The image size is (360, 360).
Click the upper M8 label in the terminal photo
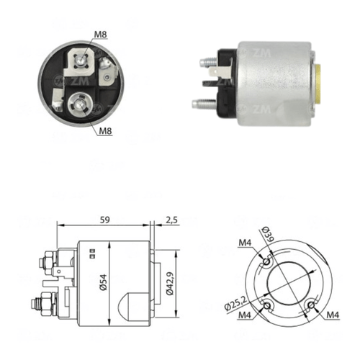(100, 35)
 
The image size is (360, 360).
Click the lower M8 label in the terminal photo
(106, 131)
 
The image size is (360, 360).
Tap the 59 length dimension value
(105, 220)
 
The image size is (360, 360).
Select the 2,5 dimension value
(172, 220)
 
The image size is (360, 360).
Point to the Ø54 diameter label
(104, 282)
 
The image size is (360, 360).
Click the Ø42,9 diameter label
(170, 284)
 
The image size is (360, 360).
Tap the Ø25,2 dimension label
(235, 303)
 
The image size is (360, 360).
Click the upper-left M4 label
(245, 243)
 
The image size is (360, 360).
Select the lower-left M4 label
(245, 315)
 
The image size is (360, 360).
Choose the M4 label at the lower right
(333, 315)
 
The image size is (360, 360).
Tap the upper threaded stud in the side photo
(209, 63)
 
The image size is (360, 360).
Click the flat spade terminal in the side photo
(220, 72)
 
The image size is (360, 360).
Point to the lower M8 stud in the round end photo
(78, 104)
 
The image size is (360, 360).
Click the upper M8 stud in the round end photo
(80, 61)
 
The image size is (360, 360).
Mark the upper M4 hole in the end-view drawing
(266, 261)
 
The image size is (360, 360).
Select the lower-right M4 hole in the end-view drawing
(311, 305)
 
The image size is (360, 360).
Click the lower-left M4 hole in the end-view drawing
(266, 306)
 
